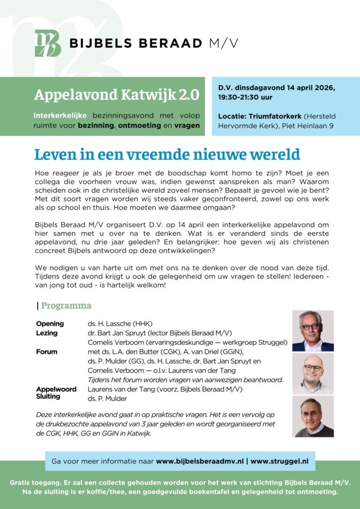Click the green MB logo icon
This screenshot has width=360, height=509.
point(48,43)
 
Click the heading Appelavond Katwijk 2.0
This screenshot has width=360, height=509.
point(117,94)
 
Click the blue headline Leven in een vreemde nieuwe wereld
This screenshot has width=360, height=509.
point(168,155)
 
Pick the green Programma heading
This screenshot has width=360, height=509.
point(66,305)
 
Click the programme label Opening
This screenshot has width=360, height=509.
point(50,323)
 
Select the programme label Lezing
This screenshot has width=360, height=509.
point(47,333)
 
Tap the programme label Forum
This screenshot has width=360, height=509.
point(47,351)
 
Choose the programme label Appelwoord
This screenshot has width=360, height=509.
point(56,389)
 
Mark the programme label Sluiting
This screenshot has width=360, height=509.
point(48,397)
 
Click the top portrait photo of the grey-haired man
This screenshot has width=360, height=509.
point(313,331)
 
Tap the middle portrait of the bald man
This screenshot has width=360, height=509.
point(313,374)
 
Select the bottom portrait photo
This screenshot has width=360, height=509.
point(313,417)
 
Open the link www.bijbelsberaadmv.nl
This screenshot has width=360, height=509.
point(200,461)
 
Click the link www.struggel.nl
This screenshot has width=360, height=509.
point(279,461)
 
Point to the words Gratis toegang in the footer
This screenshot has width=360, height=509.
point(33,483)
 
